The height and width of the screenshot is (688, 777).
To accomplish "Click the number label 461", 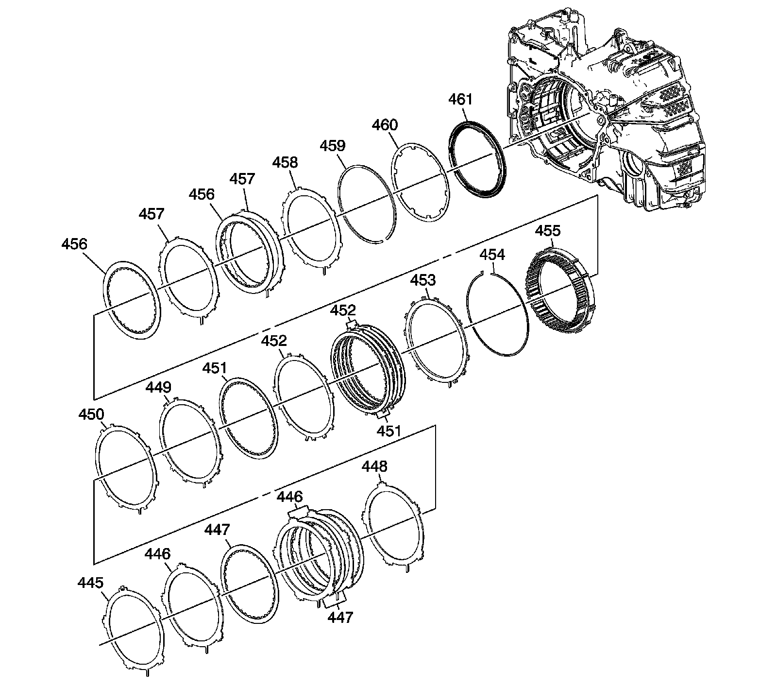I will coord(460,99).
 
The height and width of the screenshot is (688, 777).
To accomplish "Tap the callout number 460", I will coord(385,125).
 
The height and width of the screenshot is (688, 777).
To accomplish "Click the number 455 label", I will coord(547,230).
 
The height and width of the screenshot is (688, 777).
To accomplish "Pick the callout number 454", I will coord(492,255).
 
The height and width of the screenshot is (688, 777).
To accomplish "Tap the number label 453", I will coord(423,280).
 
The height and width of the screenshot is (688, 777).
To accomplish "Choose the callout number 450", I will coord(91,414).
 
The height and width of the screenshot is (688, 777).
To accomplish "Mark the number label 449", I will coord(158,387).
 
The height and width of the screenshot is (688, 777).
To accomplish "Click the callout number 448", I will coord(374,466).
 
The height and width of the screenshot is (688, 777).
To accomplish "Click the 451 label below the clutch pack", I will coord(388,430).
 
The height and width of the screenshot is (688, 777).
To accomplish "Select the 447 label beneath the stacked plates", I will coord(340,617).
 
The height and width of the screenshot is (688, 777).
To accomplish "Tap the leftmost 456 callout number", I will coord(74,244).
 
